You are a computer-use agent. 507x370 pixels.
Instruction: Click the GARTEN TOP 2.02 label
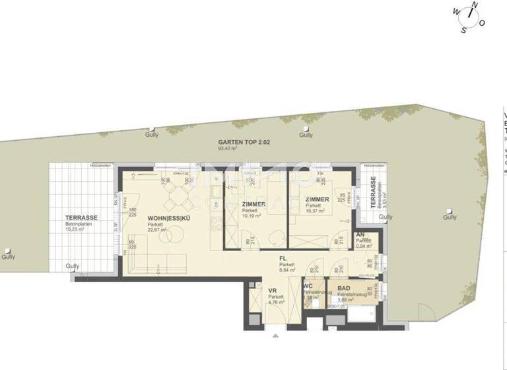click(244, 142)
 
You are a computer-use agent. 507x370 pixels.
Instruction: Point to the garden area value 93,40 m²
click(228, 149)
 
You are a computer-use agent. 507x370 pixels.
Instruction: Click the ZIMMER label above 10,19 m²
click(253, 204)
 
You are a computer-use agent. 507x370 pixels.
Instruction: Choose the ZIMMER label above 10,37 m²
click(318, 199)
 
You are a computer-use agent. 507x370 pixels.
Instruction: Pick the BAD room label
click(344, 288)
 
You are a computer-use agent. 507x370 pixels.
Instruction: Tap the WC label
click(308, 286)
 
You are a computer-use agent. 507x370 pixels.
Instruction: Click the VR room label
click(271, 291)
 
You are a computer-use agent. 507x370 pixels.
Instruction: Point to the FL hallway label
click(283, 259)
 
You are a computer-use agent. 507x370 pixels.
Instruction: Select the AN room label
click(360, 235)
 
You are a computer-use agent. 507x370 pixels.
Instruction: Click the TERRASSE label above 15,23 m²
click(81, 218)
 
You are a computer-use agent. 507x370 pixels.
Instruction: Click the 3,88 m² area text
click(347, 300)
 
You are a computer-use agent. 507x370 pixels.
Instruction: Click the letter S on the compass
click(463, 29)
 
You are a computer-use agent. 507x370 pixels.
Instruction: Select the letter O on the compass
click(482, 22)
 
